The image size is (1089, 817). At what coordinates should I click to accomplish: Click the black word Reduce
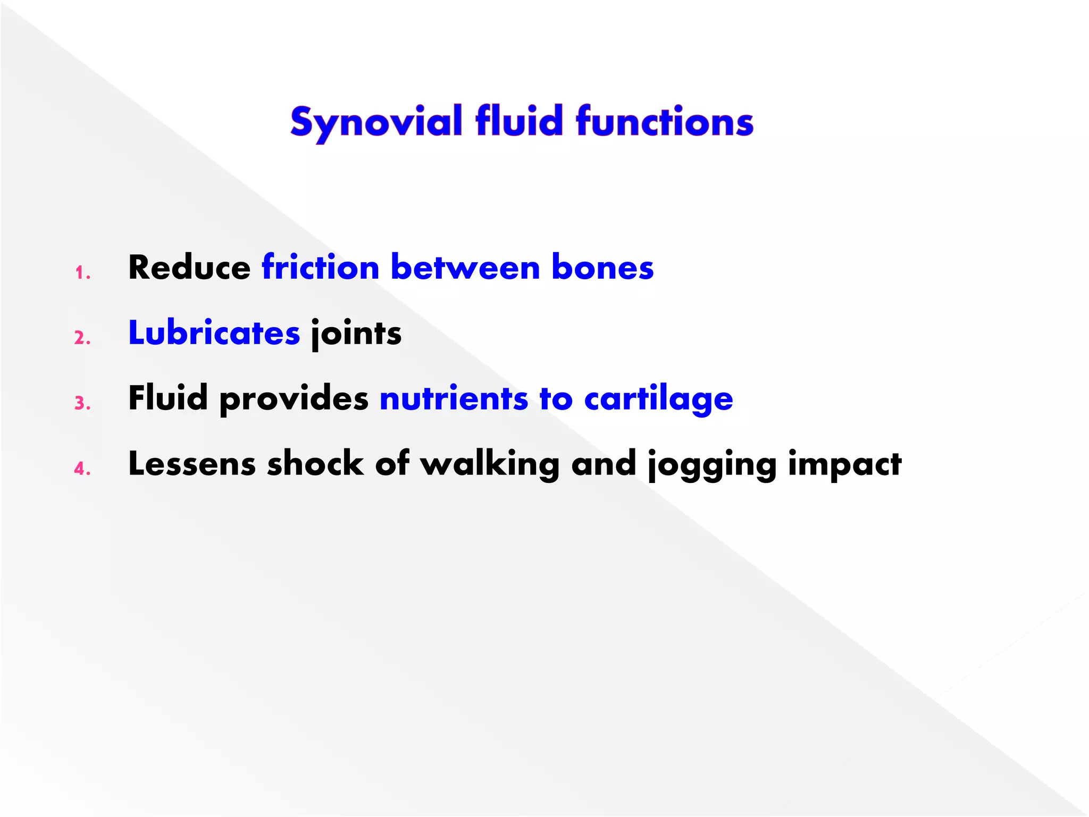(x=189, y=267)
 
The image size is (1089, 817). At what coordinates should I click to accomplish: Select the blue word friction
(x=320, y=267)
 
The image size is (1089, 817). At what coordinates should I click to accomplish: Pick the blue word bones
(x=602, y=267)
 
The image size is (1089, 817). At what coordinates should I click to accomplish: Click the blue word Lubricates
(x=214, y=333)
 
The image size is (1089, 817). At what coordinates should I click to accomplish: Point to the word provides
(x=294, y=399)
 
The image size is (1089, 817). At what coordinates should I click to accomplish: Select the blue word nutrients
(x=454, y=399)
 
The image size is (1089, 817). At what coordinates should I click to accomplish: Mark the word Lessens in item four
(x=192, y=463)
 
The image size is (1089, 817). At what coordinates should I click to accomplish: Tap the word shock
(x=315, y=463)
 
